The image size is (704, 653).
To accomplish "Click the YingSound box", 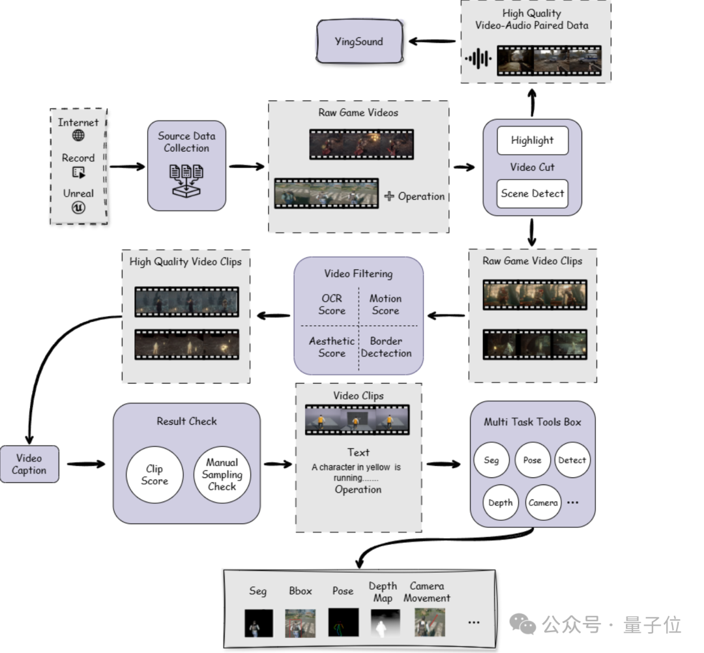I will coord(359,42).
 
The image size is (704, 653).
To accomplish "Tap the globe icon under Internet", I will coord(78,136).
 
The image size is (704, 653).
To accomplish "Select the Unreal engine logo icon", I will coord(78,207).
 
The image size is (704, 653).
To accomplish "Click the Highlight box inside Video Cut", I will coord(532,140).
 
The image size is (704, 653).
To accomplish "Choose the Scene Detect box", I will coord(532,194).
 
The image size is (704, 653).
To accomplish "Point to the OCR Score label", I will coord(331,304).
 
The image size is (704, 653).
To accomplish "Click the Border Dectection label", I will coord(386,347).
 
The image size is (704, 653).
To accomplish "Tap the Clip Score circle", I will coord(154,475).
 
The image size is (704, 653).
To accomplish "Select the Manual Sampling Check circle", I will coord(222,474).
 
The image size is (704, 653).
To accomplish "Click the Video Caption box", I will coord(29,464).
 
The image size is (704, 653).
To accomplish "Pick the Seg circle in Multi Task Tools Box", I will coord(491,460).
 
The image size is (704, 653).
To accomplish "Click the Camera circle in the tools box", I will coord(543,502).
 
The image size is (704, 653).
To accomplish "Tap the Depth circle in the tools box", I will coord(500,502).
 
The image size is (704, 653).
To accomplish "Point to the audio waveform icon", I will coord(478,59).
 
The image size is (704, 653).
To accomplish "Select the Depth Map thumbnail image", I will coord(385,623).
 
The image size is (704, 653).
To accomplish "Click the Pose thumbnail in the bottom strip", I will coord(343,623).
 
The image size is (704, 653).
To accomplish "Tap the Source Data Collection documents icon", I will coord(186,179).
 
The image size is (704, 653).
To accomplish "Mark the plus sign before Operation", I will coord(389,196).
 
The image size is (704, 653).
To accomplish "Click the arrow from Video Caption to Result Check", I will coord(85,464).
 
